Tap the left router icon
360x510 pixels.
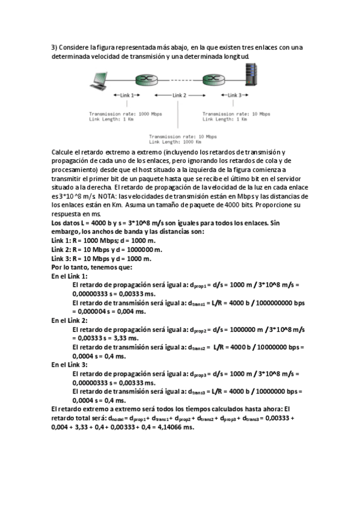143,79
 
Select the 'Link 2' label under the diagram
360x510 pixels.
180,95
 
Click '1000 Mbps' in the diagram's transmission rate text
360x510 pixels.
148,113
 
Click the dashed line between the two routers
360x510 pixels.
177,79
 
